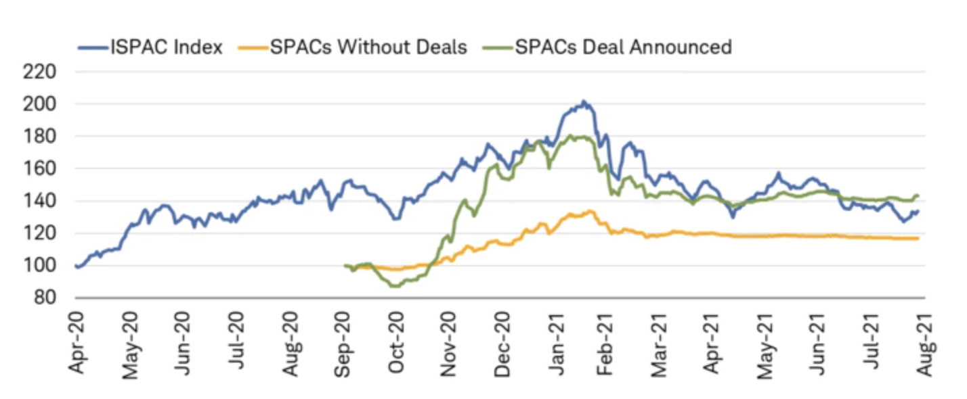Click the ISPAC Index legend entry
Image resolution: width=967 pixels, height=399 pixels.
pyautogui.click(x=167, y=47)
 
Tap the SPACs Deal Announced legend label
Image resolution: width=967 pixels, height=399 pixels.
pyautogui.click(x=623, y=47)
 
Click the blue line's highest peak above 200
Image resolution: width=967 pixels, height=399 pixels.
pyautogui.click(x=584, y=101)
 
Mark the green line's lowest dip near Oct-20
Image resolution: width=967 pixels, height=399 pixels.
pyautogui.click(x=395, y=286)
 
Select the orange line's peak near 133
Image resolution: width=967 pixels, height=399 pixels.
pyautogui.click(x=590, y=211)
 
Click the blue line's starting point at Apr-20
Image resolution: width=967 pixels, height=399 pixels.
pyautogui.click(x=76, y=266)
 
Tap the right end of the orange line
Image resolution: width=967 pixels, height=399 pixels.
pyautogui.click(x=918, y=238)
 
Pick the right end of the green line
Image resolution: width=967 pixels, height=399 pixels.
pyautogui.click(x=918, y=195)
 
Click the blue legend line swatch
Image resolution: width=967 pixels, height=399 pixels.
pyautogui.click(x=93, y=47)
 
